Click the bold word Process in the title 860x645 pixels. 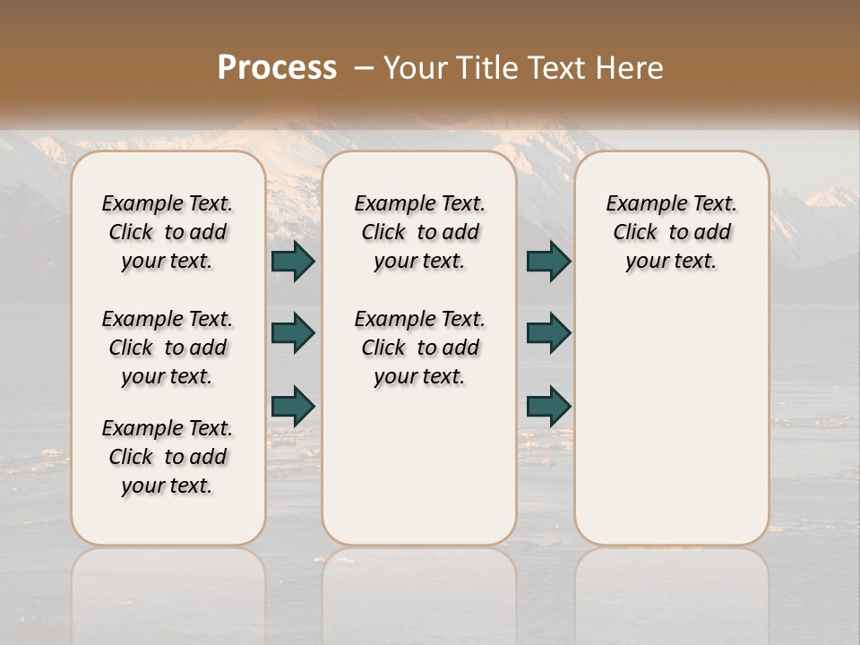click(x=277, y=67)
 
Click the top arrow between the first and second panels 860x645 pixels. click(x=293, y=261)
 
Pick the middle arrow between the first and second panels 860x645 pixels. click(x=293, y=333)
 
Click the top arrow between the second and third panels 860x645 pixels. click(x=548, y=261)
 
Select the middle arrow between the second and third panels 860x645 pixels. click(x=548, y=333)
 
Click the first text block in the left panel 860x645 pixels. click(x=168, y=232)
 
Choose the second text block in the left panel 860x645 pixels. click(x=168, y=348)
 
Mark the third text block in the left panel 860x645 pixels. click(x=168, y=457)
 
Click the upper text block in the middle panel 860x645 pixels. click(x=419, y=232)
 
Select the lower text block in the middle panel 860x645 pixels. click(x=419, y=348)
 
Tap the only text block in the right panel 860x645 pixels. click(x=671, y=232)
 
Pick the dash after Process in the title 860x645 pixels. click(x=364, y=67)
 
